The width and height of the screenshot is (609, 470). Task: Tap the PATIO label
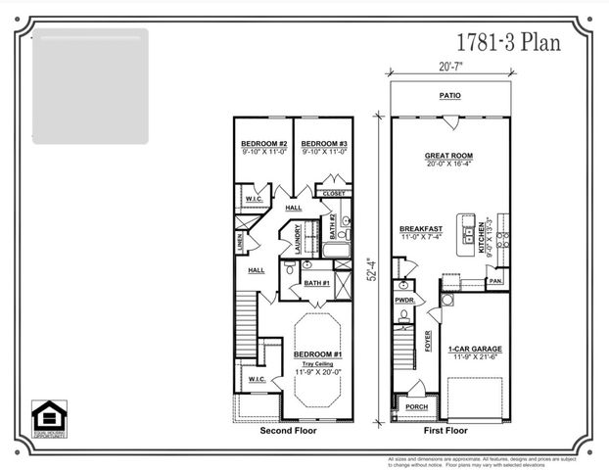(x=449, y=96)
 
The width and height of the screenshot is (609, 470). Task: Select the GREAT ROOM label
(x=449, y=155)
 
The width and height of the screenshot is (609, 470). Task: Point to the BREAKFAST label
(x=422, y=229)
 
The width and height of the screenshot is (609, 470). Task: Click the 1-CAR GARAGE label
(x=474, y=350)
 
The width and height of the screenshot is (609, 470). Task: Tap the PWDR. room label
(x=403, y=301)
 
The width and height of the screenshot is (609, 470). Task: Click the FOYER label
(x=428, y=340)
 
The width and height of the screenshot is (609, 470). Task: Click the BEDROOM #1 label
(x=318, y=353)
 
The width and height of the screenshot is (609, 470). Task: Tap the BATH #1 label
(x=316, y=283)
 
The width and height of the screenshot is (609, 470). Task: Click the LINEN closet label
(x=241, y=241)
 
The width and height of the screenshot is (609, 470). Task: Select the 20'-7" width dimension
(x=449, y=67)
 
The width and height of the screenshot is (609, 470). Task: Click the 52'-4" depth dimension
(x=369, y=268)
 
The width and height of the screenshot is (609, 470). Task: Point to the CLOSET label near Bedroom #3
(x=334, y=194)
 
